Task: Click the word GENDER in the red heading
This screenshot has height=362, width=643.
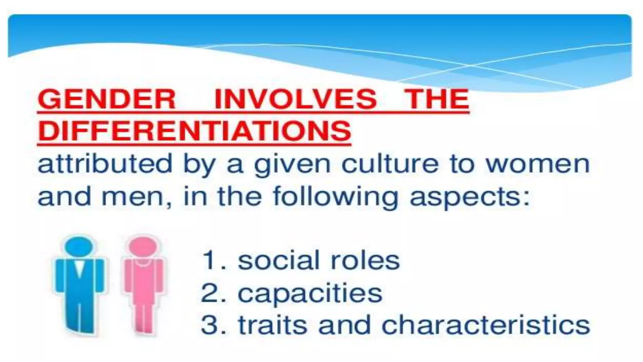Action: pos(106,99)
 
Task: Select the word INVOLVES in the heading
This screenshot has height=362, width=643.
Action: pos(295,99)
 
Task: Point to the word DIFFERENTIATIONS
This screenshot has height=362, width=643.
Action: pos(194,131)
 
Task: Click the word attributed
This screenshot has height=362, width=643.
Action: pos(105,164)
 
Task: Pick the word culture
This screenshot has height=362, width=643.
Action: pos(389,164)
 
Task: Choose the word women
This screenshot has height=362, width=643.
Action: pos(538,164)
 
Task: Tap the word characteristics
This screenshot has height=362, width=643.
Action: pos(485,325)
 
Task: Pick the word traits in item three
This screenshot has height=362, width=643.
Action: pos(273,325)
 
